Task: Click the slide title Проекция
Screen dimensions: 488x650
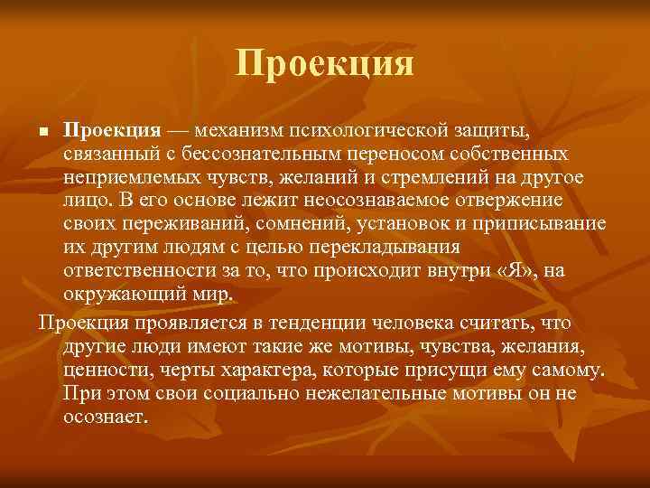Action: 325,64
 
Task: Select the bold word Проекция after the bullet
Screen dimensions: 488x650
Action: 112,133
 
